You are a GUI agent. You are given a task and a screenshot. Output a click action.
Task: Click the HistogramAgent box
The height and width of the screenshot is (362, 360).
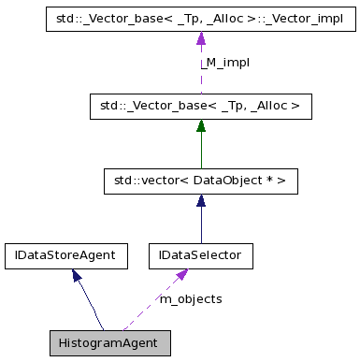[x=109, y=341]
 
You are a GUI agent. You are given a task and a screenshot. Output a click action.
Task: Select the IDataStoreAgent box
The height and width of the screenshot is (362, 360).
[x=65, y=254]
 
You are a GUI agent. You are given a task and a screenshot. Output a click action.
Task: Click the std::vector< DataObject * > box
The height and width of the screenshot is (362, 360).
[x=200, y=181]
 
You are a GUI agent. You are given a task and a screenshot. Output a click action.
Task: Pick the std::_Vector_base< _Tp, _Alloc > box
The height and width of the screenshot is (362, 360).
[x=200, y=107]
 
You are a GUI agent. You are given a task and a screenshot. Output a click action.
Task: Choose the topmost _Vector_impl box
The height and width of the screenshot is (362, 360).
[x=200, y=18]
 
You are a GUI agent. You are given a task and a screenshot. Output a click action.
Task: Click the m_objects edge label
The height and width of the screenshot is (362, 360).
[x=191, y=298]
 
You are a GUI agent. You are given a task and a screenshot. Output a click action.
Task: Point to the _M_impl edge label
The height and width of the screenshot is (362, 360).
[x=224, y=63]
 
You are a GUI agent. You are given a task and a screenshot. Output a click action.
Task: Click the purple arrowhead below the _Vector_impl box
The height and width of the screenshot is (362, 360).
[x=200, y=37]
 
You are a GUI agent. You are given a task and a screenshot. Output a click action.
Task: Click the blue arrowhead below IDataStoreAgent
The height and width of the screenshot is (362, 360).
[x=77, y=274]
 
